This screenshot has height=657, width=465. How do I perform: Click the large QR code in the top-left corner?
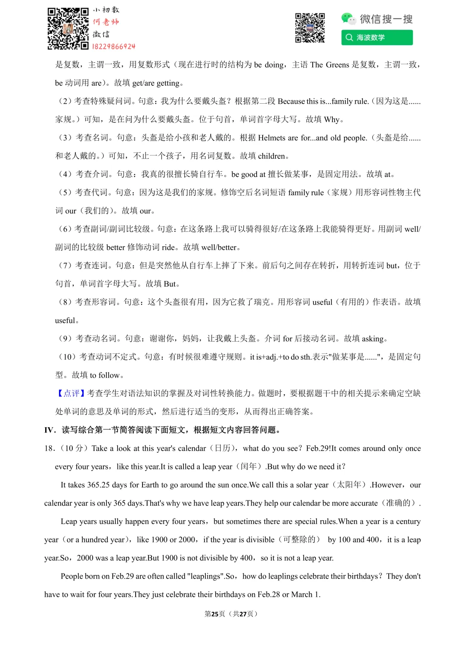(x=68, y=28)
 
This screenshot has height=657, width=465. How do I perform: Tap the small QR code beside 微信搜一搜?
(x=310, y=28)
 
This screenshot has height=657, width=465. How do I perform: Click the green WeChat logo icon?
(x=348, y=19)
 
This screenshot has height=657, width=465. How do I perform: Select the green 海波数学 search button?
(x=377, y=37)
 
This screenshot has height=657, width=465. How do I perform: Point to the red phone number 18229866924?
(x=114, y=46)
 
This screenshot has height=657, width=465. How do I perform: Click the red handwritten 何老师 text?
(x=105, y=22)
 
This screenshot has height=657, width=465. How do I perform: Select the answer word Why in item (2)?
(x=332, y=120)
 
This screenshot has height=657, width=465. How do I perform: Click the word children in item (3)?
(x=271, y=156)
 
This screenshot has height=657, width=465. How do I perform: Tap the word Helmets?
(x=272, y=138)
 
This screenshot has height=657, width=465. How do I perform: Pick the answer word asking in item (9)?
(x=372, y=339)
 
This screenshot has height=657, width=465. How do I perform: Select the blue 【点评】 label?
(x=71, y=393)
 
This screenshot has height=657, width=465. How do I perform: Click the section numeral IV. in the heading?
(x=50, y=430)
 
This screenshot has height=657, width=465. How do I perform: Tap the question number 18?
(x=50, y=448)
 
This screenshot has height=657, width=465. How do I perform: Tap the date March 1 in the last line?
(x=305, y=595)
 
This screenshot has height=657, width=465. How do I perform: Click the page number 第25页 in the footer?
(x=214, y=614)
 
